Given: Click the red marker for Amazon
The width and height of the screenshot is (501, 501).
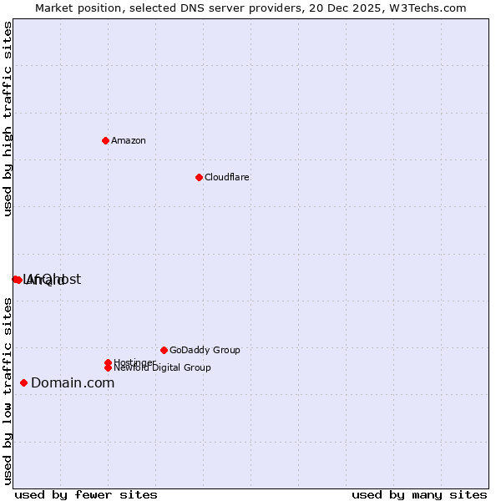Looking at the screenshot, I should [105, 140].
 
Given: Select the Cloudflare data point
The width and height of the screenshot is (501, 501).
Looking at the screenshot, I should [199, 177].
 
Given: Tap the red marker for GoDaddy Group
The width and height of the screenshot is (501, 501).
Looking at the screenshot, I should [164, 350].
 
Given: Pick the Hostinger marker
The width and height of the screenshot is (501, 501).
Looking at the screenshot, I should [108, 362].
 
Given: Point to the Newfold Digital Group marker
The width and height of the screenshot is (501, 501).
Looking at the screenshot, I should [108, 367].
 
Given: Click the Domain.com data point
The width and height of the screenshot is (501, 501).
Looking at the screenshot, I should [23, 382].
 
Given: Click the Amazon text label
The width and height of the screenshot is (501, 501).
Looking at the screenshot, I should [129, 140].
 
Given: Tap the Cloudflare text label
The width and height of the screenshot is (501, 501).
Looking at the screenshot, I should [227, 177].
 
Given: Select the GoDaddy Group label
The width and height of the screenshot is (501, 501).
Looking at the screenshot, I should [205, 350].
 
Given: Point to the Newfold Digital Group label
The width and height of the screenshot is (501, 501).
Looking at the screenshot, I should [163, 368].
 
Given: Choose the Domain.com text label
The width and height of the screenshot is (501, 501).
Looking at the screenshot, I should [73, 382].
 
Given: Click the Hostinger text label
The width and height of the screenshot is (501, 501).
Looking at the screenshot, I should [134, 362].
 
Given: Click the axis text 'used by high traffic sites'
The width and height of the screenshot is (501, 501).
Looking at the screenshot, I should [8, 119].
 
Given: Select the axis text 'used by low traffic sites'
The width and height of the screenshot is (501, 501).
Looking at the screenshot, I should [8, 391].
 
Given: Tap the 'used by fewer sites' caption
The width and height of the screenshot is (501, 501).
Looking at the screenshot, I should [86, 494].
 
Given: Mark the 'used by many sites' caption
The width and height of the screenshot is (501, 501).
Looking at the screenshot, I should [419, 494].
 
